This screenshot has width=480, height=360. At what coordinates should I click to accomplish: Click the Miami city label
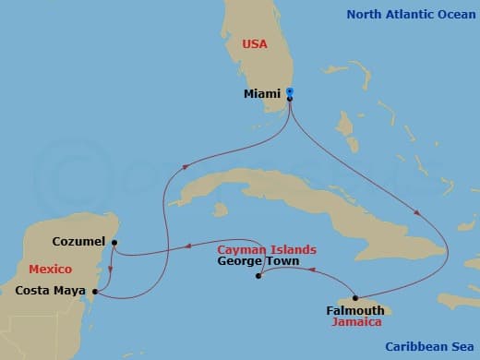pyautogui.click(x=263, y=93)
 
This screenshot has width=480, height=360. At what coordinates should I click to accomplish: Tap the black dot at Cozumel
pyautogui.click(x=114, y=244)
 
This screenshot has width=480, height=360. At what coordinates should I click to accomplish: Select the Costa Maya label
pyautogui.click(x=52, y=291)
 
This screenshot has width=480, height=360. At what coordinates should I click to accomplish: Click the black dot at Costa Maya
pyautogui.click(x=95, y=291)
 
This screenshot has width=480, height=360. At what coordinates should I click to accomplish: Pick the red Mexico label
pyautogui.click(x=52, y=269)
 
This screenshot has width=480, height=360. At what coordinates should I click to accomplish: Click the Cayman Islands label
pyautogui.click(x=267, y=250)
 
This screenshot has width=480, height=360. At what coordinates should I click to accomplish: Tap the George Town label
pyautogui.click(x=255, y=261)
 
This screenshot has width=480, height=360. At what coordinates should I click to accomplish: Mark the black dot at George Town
pyautogui.click(x=258, y=276)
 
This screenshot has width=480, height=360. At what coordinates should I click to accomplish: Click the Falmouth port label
pyautogui.click(x=355, y=310)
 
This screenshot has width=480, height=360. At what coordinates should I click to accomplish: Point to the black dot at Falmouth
pyautogui.click(x=355, y=297)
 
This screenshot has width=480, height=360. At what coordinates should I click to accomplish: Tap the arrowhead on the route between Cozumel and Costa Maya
pyautogui.click(x=111, y=270)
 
